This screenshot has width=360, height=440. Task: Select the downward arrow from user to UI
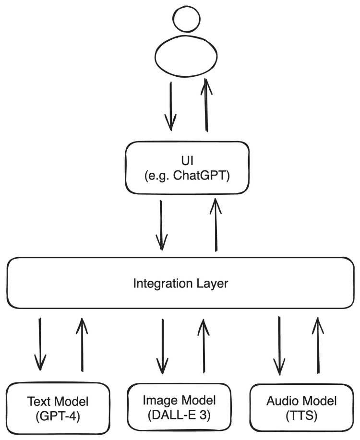pyautogui.click(x=170, y=107)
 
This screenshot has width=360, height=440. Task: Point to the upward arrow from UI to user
pyautogui.click(x=206, y=105)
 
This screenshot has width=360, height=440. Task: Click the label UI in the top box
pyautogui.click(x=187, y=161)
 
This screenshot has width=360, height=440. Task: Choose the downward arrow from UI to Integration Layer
pyautogui.click(x=161, y=225)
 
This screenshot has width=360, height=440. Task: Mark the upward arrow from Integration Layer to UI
pyautogui.click(x=216, y=225)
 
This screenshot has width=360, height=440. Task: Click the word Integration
pyautogui.click(x=163, y=284)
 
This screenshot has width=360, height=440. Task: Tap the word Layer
pyautogui.click(x=212, y=284)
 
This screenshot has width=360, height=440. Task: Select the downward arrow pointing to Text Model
pyautogui.click(x=40, y=344)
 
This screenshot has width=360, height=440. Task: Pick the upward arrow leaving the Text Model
pyautogui.click(x=82, y=345)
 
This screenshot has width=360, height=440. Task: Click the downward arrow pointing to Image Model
pyautogui.click(x=163, y=346)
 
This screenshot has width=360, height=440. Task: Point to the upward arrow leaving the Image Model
pyautogui.click(x=204, y=345)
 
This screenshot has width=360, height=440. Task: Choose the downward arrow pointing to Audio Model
pyautogui.click(x=279, y=345)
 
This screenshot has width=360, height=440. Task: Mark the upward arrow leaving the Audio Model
pyautogui.click(x=318, y=345)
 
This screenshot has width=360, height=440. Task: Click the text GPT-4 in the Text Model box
pyautogui.click(x=58, y=416)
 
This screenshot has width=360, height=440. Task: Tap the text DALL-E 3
pyautogui.click(x=179, y=415)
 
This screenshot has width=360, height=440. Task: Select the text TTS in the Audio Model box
pyautogui.click(x=301, y=416)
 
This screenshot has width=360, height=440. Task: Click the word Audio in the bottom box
pyautogui.click(x=283, y=401)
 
